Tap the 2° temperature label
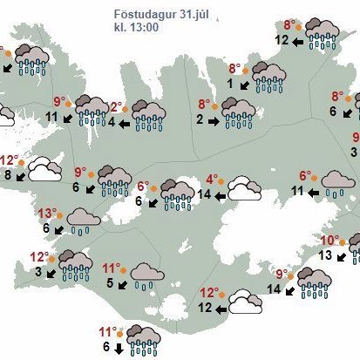click(116, 106)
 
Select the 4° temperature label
click(212, 180)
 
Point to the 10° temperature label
click(329, 241)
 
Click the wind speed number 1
click(230, 84)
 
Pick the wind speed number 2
click(200, 118)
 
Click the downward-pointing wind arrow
click(119, 347)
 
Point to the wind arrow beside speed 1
click(245, 85)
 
